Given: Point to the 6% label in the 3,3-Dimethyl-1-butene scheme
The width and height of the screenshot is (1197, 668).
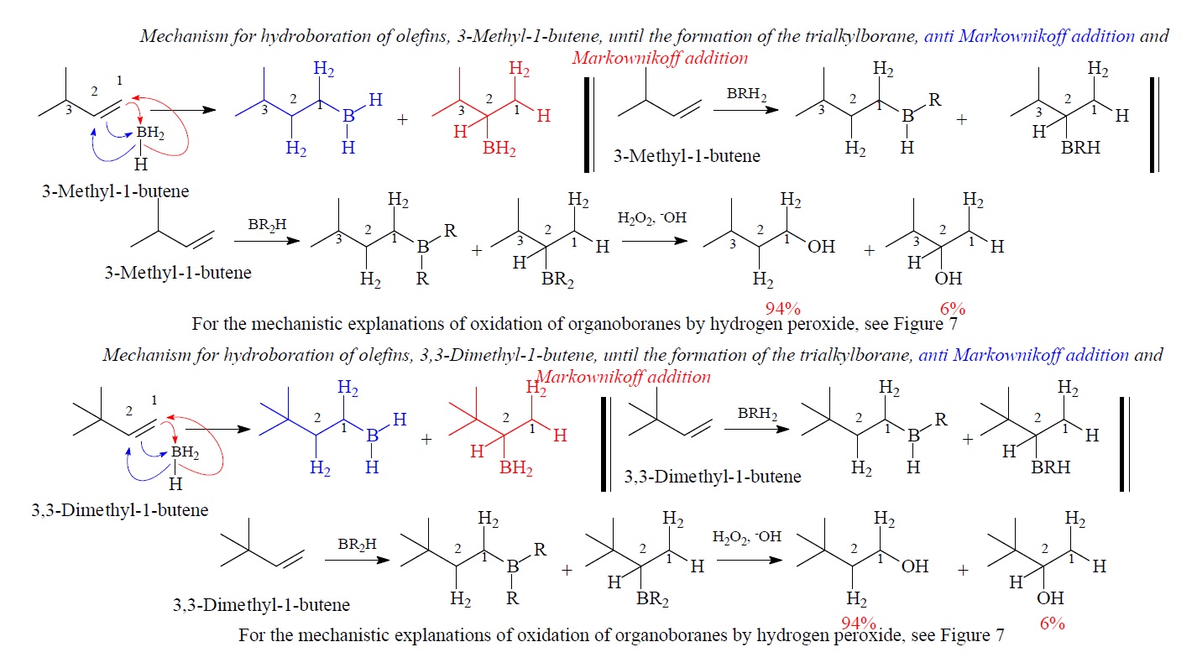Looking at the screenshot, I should click(1051, 624).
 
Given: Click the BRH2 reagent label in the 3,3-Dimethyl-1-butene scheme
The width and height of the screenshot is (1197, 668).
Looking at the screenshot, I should click(752, 413).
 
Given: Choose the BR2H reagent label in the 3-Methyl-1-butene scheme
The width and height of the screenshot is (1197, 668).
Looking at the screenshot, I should click(267, 226).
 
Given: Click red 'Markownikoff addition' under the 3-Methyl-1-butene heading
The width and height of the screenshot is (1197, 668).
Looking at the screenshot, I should click(659, 58).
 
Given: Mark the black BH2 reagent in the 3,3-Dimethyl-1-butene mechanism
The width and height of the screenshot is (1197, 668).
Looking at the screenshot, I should click(186, 453).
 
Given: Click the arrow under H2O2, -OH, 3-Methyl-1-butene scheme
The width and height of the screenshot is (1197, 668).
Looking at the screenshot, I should click(654, 241).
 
